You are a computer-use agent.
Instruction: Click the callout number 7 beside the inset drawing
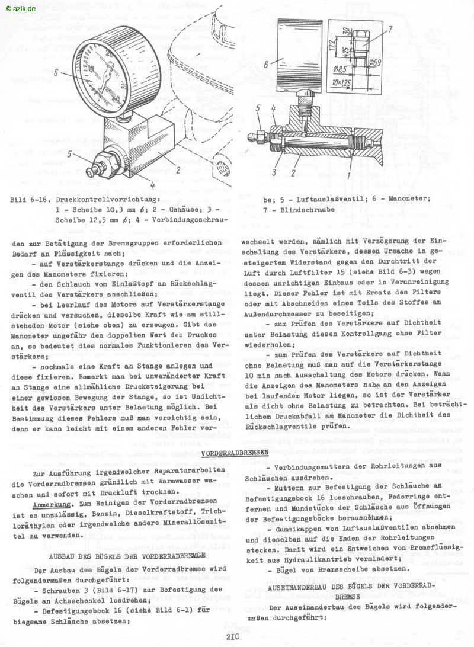[x=390, y=28]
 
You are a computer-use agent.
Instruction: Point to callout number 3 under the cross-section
[x=274, y=172]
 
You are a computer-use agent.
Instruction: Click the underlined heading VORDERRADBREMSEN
[x=235, y=453]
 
